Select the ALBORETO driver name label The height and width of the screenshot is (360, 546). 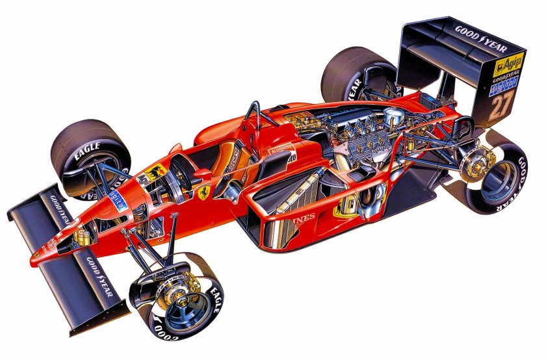pyautogui.click(x=279, y=151)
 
